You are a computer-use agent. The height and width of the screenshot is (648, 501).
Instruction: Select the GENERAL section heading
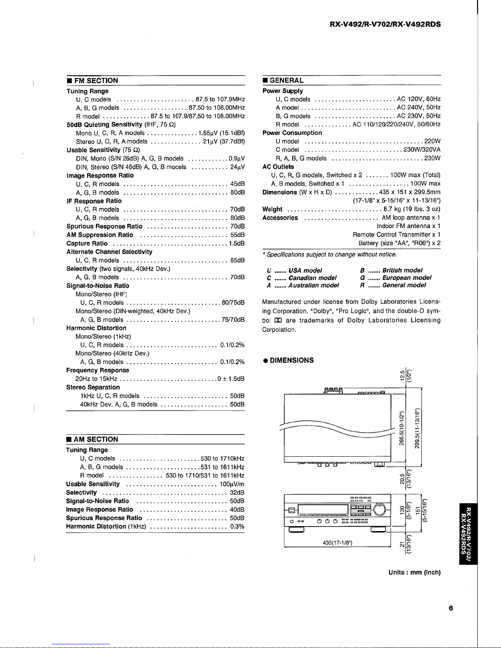tap(286, 81)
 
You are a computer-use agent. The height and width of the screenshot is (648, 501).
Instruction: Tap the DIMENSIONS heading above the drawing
tap(292, 360)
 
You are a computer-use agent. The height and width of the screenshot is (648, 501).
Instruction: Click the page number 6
tap(451, 608)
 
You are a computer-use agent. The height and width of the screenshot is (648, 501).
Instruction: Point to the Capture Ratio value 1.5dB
tap(236, 243)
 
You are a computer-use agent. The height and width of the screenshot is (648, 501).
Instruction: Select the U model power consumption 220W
tap(432, 141)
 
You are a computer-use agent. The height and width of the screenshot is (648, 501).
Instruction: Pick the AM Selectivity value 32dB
tap(237, 492)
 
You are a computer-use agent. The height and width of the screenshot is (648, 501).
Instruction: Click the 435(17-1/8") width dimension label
tap(338, 543)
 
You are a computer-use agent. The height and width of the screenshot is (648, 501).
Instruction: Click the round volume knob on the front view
tap(379, 509)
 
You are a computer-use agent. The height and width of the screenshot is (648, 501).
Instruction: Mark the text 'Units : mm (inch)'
tap(414, 572)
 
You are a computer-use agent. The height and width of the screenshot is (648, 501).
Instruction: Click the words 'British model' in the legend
tap(402, 270)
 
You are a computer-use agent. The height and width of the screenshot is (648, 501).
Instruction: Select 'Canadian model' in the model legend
tap(312, 278)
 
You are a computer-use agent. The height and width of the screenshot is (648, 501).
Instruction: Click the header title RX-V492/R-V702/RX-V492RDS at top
tap(385, 24)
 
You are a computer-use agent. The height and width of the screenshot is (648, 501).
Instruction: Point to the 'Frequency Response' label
tap(98, 370)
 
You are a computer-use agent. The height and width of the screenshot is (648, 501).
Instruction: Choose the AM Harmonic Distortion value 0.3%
tap(237, 527)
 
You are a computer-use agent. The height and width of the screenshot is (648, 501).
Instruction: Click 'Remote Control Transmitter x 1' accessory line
tap(396, 235)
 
